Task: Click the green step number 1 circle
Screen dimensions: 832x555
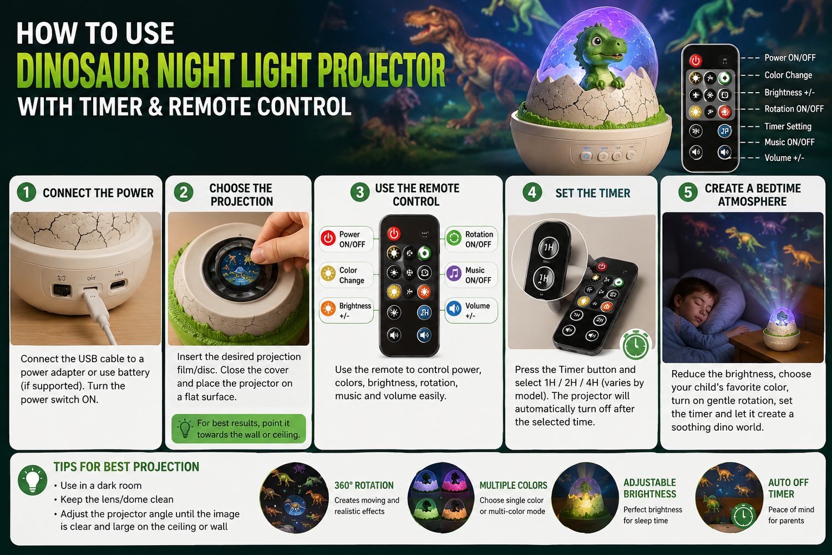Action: click(x=27, y=192)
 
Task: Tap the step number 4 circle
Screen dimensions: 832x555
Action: click(x=532, y=192)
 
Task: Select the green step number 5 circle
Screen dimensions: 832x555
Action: click(x=688, y=192)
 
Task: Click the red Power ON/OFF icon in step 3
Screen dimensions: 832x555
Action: click(x=328, y=238)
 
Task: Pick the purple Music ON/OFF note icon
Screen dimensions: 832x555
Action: click(x=454, y=274)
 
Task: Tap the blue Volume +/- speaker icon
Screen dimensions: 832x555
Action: click(x=454, y=309)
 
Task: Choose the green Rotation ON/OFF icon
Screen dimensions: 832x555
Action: click(x=454, y=238)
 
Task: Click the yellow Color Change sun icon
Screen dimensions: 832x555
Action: click(x=328, y=274)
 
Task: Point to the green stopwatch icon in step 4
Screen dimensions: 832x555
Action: click(x=636, y=345)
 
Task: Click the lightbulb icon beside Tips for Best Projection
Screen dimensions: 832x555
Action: click(x=33, y=480)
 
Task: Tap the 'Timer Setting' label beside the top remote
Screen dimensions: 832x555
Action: click(x=788, y=127)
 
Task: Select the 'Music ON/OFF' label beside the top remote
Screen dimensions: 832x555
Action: click(x=789, y=142)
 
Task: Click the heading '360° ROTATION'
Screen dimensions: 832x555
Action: click(x=364, y=485)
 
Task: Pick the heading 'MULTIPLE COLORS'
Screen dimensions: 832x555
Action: click(x=513, y=485)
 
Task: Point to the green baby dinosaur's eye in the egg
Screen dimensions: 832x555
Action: click(x=596, y=40)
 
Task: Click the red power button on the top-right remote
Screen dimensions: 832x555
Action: click(x=696, y=60)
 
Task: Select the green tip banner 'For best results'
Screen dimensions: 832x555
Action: click(x=239, y=428)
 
